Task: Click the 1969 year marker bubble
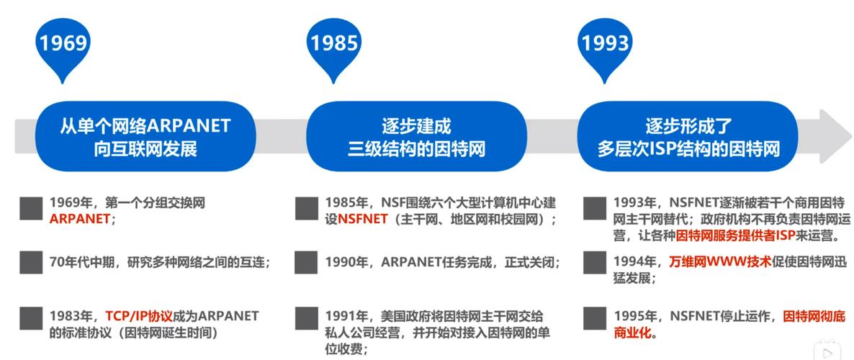pyautogui.click(x=63, y=44)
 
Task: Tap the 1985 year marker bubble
pyautogui.click(x=333, y=44)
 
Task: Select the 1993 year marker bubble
pyautogui.click(x=606, y=44)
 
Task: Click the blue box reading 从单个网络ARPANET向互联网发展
pyautogui.click(x=145, y=137)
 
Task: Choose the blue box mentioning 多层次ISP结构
pyautogui.click(x=688, y=137)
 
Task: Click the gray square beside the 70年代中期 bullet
pyautogui.click(x=30, y=262)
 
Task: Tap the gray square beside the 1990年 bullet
pyautogui.click(x=306, y=262)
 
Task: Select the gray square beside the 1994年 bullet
pyautogui.click(x=594, y=262)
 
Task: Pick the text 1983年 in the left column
pyautogui.click(x=71, y=316)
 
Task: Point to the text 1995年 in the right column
pyautogui.click(x=634, y=316)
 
